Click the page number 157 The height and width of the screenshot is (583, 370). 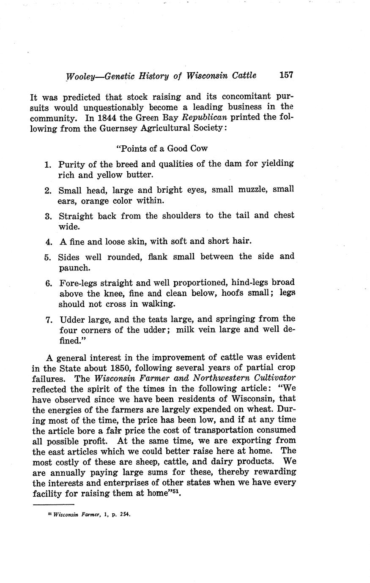(286, 75)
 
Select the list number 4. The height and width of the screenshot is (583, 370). (48, 242)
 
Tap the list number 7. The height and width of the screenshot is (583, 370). (48, 319)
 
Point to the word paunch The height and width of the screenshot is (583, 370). (74, 268)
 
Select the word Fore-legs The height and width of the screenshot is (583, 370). (80, 283)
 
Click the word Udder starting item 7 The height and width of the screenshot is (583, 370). (72, 319)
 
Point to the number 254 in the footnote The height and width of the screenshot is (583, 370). (125, 515)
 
